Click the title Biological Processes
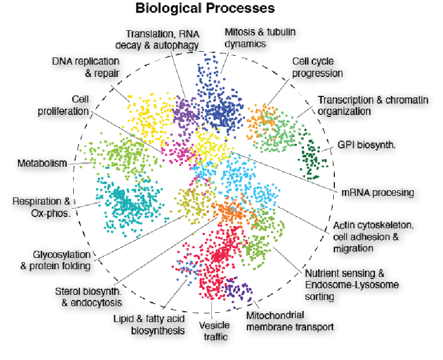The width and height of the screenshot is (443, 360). pyautogui.click(x=205, y=9)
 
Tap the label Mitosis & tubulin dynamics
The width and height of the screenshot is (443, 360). pyautogui.click(x=260, y=38)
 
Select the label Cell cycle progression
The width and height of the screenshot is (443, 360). pyautogui.click(x=317, y=67)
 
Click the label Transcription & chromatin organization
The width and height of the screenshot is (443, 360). pyautogui.click(x=373, y=105)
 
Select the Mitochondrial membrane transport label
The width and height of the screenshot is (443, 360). pyautogui.click(x=290, y=321)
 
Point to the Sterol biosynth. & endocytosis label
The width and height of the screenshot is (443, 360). pyautogui.click(x=88, y=297)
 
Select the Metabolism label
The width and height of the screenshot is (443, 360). pyautogui.click(x=42, y=164)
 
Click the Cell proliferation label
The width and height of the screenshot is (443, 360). pyautogui.click(x=63, y=105)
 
